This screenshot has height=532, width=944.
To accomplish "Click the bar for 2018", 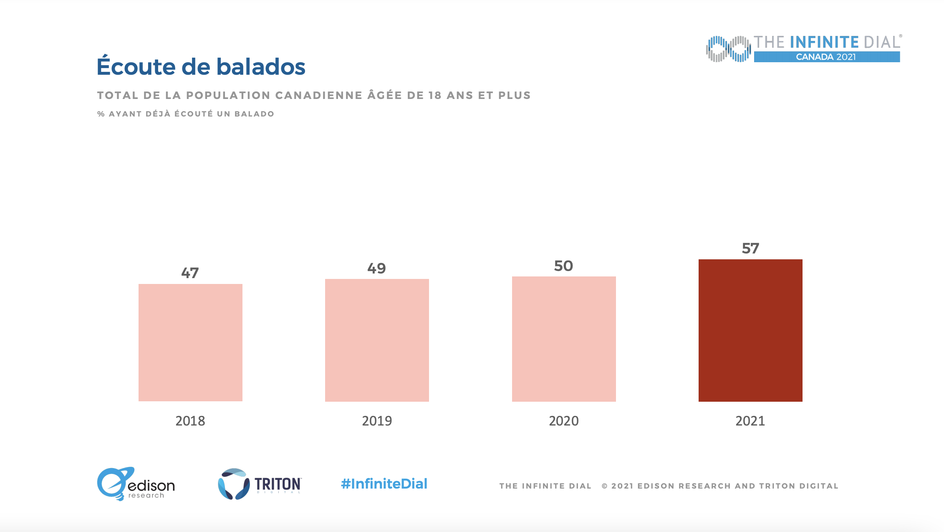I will click(190, 342).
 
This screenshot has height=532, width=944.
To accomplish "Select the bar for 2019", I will click(377, 340).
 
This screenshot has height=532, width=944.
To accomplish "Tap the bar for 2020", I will click(564, 339).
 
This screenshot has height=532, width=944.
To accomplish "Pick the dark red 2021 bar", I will click(750, 330).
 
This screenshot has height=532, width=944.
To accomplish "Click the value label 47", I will click(190, 273).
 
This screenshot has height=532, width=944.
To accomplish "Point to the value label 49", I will click(376, 268).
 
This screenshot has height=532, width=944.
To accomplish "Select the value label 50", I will click(563, 266).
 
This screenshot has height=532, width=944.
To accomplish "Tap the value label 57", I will click(750, 248).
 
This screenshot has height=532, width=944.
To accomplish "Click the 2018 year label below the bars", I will click(190, 421).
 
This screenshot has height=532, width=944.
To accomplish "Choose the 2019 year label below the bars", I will click(377, 421).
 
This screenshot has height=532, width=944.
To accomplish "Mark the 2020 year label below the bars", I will click(564, 421).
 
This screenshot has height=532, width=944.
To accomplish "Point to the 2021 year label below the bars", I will click(750, 421).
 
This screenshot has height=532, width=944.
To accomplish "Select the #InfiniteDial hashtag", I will click(384, 484).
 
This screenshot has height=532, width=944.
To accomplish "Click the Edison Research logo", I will click(136, 484).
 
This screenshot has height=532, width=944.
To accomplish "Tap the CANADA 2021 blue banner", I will click(826, 57).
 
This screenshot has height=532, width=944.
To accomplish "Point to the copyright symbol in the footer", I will click(604, 486).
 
